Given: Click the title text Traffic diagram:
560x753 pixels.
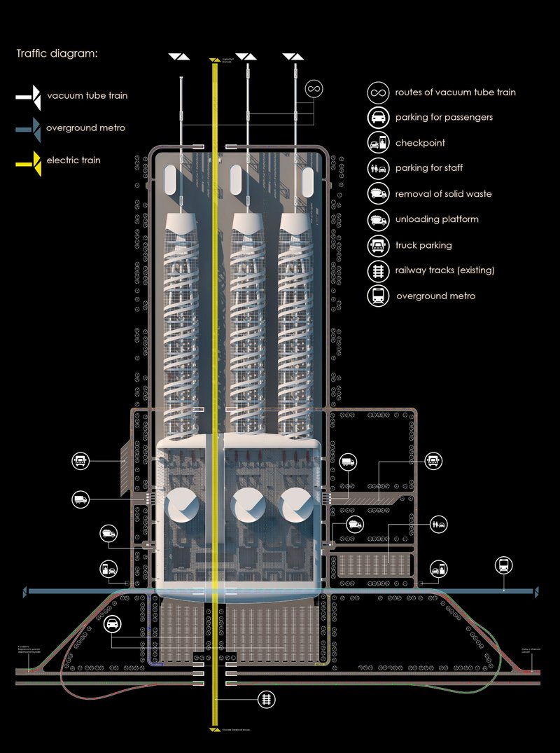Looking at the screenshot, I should click(x=57, y=54).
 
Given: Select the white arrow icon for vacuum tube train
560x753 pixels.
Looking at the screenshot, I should click(x=30, y=96).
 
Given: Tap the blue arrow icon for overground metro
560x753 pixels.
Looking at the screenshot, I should click(x=30, y=127).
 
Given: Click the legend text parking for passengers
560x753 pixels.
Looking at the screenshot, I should click(x=443, y=117).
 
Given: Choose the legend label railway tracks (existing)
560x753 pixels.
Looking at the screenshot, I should click(x=444, y=270).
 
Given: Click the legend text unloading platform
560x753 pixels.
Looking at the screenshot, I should click(x=437, y=219).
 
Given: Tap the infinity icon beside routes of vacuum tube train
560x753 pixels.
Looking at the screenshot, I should click(x=378, y=92).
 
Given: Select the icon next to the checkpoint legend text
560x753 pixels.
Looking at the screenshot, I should click(x=378, y=144).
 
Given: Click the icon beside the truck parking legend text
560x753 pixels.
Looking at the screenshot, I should click(x=378, y=245).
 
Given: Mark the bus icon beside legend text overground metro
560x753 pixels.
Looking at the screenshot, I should click(x=378, y=296).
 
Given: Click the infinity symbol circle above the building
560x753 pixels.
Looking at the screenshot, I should click(x=315, y=90).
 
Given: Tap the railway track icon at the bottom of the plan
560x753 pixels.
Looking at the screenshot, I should click(x=265, y=698).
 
